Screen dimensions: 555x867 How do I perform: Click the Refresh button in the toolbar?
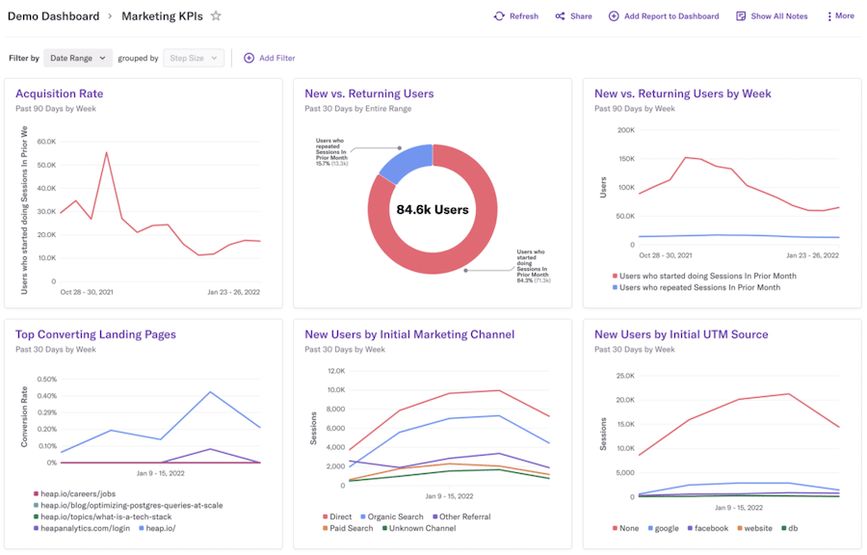(515, 16)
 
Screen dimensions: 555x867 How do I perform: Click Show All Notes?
(772, 16)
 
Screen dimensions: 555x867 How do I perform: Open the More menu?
(840, 16)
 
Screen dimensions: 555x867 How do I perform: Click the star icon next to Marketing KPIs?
(216, 16)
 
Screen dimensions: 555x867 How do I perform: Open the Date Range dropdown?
(78, 58)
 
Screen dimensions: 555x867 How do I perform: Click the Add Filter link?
(269, 58)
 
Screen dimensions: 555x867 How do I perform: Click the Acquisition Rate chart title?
(59, 93)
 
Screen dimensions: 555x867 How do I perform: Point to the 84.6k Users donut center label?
(433, 209)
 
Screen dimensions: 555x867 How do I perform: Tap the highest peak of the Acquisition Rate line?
(106, 152)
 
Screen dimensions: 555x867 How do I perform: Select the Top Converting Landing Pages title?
(95, 334)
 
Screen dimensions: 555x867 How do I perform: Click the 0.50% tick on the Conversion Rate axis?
(45, 380)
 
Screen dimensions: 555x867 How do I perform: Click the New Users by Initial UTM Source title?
(681, 334)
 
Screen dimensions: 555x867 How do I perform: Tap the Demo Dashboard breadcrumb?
(52, 16)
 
